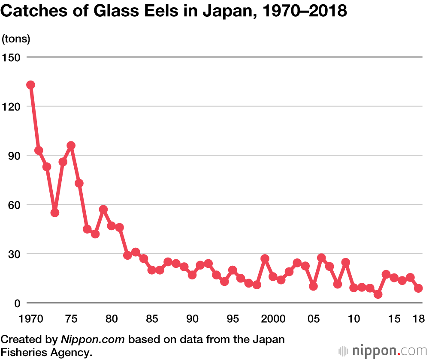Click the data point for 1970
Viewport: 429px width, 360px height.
[30, 85]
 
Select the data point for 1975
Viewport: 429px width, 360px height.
[71, 146]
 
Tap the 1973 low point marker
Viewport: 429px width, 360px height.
[54, 213]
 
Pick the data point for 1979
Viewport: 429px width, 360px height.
[103, 210]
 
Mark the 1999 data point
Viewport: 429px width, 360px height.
[265, 258]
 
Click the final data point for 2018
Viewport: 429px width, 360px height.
[418, 288]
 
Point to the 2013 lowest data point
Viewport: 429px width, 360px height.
[378, 294]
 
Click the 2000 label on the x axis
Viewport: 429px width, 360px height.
[273, 319]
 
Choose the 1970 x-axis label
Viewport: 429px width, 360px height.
[30, 319]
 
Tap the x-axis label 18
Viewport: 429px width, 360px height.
[418, 319]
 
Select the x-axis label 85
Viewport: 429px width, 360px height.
[152, 319]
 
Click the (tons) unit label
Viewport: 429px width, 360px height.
[16, 39]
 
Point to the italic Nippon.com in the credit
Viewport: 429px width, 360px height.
[93, 340]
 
